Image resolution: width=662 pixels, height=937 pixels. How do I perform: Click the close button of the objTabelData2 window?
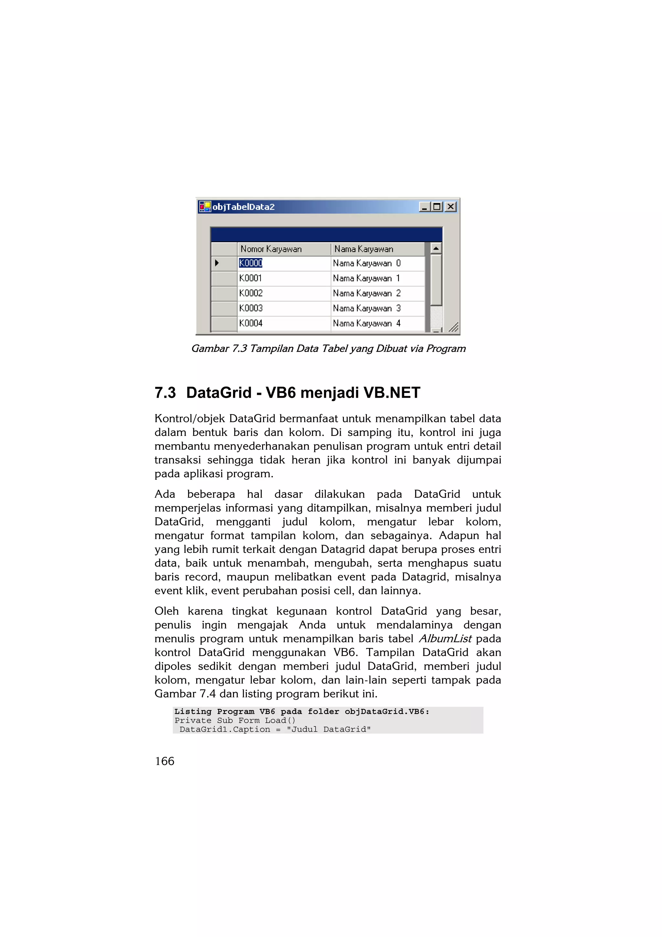(450, 207)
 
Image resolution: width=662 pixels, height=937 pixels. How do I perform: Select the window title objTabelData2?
(243, 207)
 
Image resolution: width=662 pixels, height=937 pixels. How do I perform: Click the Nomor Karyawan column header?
(271, 249)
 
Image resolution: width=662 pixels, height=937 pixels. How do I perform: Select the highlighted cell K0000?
(251, 263)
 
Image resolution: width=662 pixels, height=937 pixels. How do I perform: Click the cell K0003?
(251, 308)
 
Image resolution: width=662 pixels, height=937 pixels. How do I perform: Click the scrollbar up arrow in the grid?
(436, 248)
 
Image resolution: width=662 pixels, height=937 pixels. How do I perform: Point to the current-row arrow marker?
(217, 263)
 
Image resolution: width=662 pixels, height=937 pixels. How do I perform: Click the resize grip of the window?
(454, 327)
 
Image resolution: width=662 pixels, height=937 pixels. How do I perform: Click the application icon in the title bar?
(204, 207)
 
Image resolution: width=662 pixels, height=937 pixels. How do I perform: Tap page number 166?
(165, 761)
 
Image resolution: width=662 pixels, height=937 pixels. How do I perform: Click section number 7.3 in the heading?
(165, 393)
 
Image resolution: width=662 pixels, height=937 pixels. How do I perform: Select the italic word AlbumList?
(445, 638)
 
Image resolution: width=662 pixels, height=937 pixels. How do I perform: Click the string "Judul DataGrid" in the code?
(328, 729)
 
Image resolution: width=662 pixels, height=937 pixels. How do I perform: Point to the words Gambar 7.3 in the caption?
(219, 349)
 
